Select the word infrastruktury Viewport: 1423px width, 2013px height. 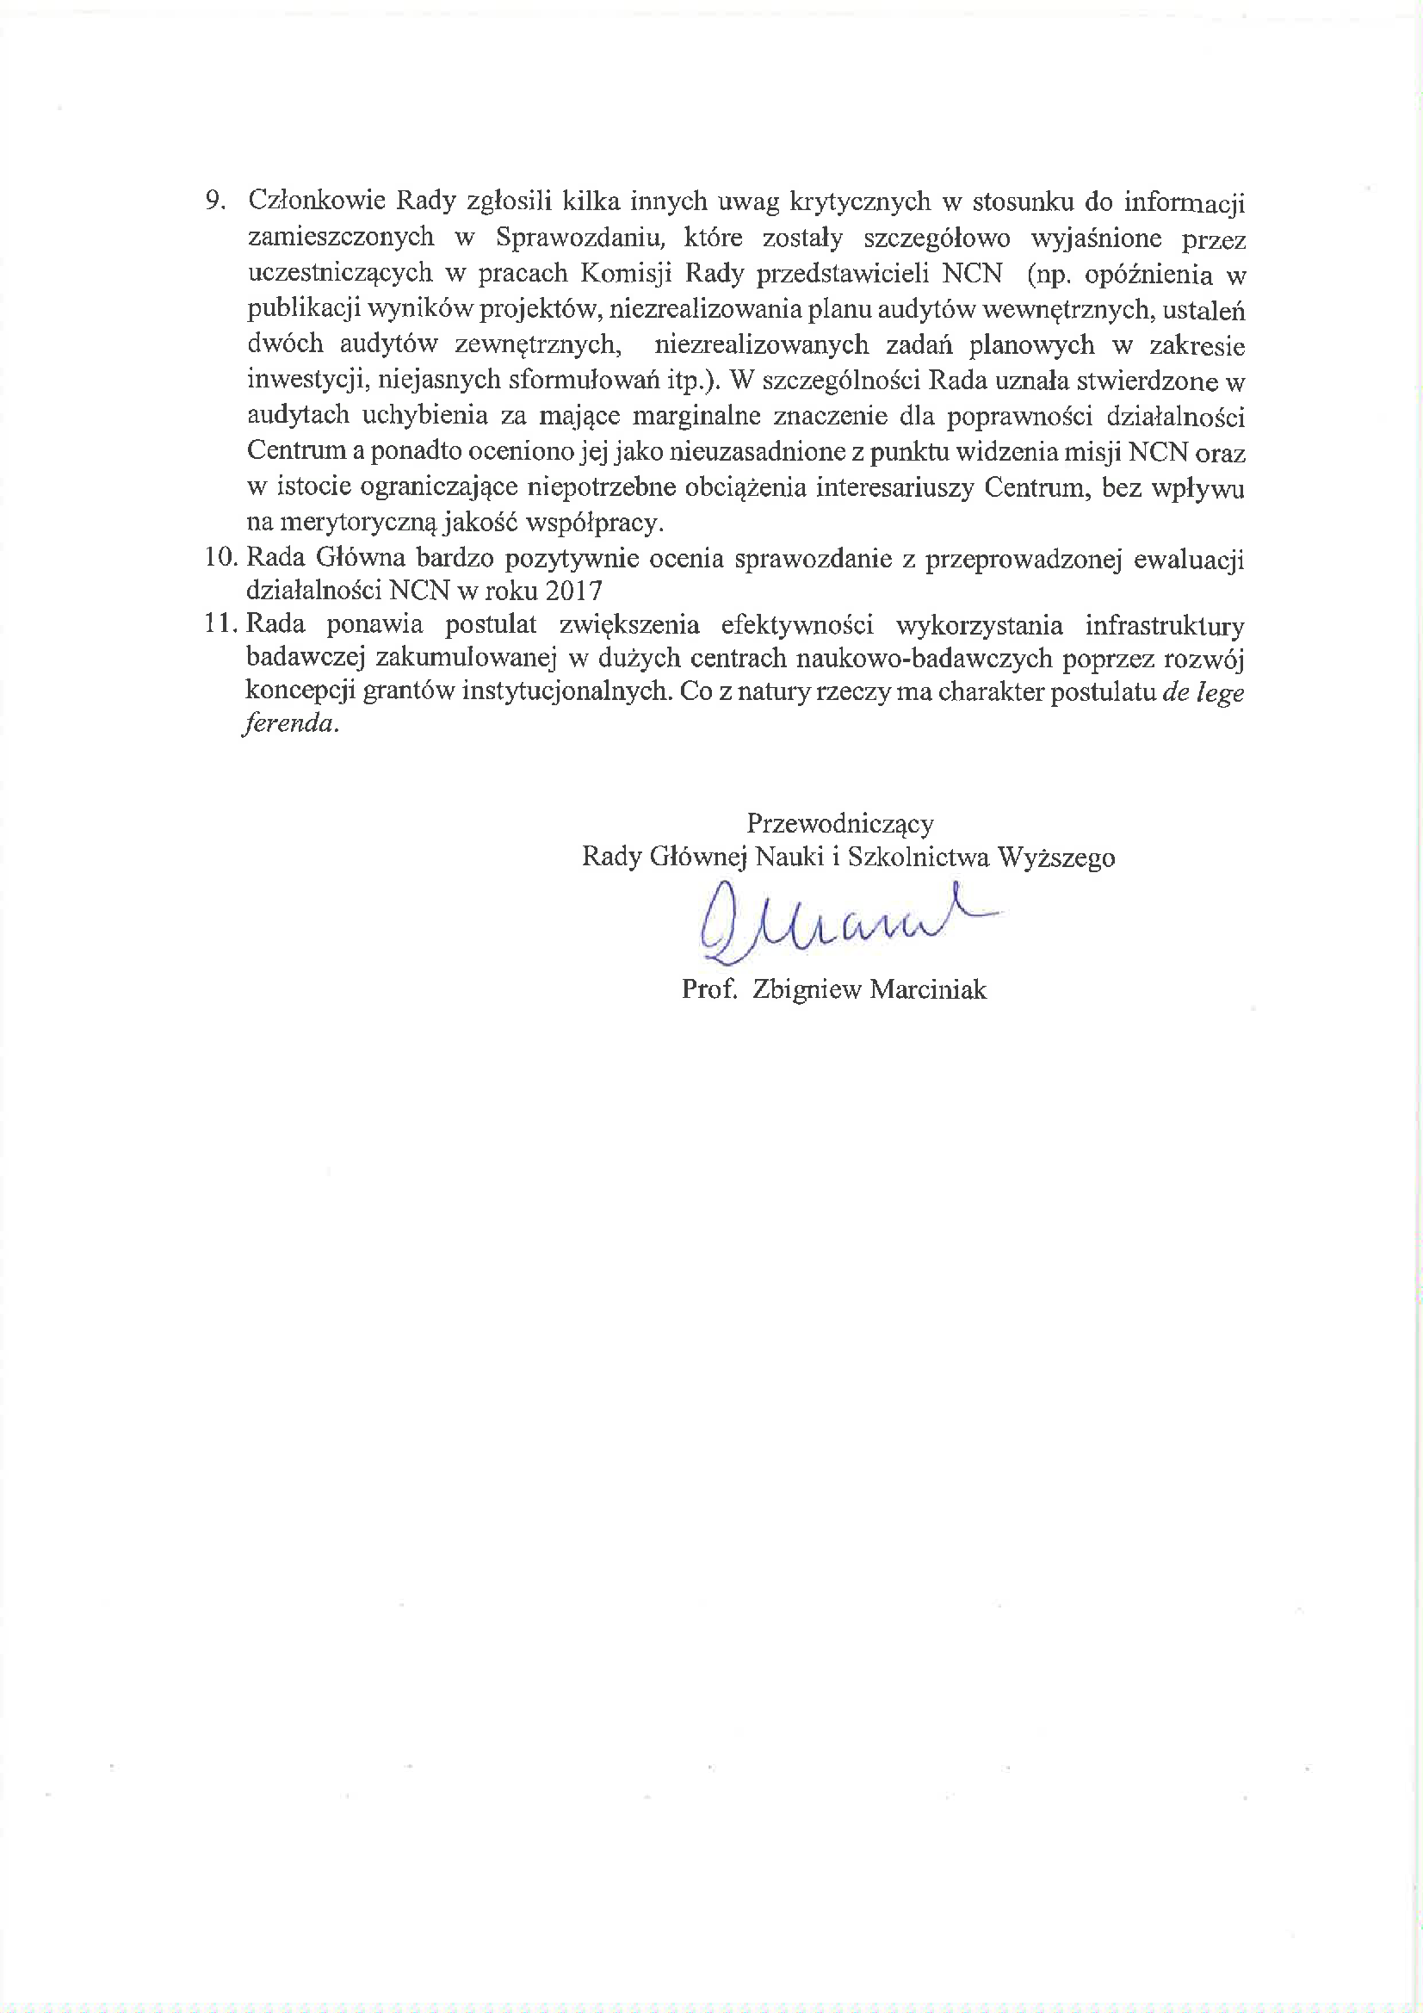click(x=1165, y=625)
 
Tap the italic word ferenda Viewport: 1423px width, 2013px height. click(x=288, y=724)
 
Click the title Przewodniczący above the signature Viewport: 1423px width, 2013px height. click(x=839, y=823)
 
